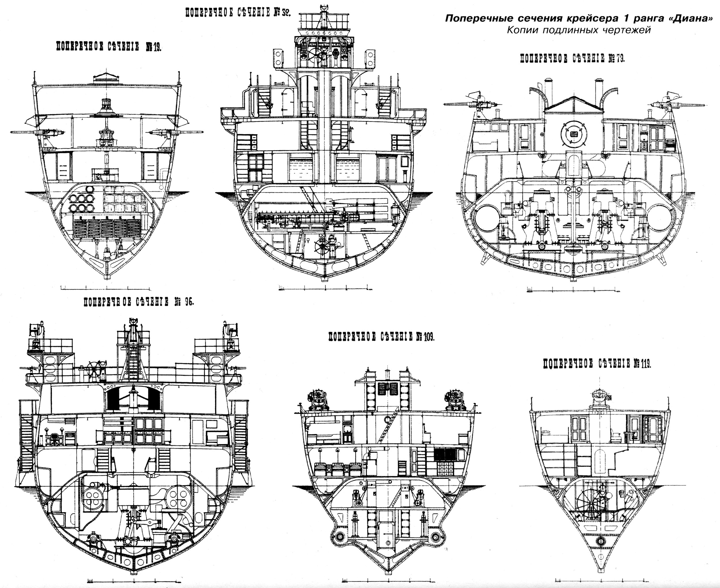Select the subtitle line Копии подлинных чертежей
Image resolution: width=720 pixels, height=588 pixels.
pyautogui.click(x=579, y=30)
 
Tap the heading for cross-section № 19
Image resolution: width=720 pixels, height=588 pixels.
pyautogui.click(x=108, y=47)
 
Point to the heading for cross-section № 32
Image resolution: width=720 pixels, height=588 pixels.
pyautogui.click(x=238, y=13)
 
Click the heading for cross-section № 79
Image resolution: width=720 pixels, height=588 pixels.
pyautogui.click(x=572, y=58)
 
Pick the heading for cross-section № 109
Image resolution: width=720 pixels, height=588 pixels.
pyautogui.click(x=381, y=337)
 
